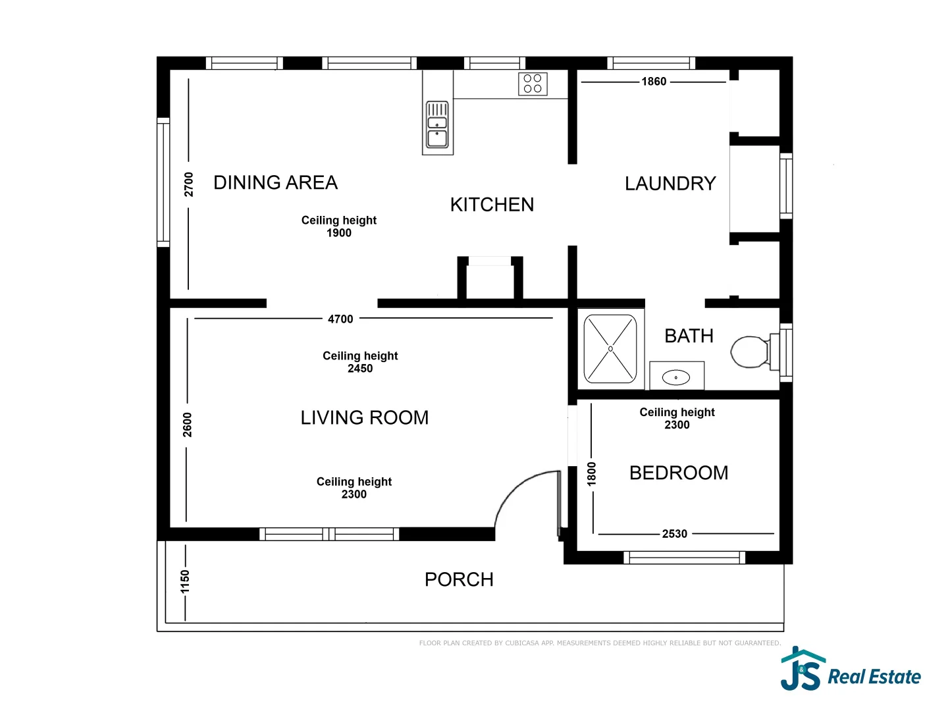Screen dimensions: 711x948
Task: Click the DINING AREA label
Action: click(275, 182)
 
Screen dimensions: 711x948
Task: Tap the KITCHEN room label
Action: click(492, 205)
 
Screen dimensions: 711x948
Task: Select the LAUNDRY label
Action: click(670, 184)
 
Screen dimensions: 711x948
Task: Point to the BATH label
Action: click(689, 336)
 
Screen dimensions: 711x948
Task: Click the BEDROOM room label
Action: click(679, 473)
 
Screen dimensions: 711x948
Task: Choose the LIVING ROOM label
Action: click(364, 417)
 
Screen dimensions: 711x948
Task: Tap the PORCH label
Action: click(459, 579)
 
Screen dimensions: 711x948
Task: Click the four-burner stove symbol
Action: click(533, 84)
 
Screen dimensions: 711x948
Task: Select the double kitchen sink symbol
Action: click(437, 125)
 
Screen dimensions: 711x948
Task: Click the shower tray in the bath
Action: click(610, 348)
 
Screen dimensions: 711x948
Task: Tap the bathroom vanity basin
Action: click(676, 377)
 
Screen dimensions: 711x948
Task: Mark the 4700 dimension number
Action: click(340, 319)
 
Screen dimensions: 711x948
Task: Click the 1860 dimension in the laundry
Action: click(654, 82)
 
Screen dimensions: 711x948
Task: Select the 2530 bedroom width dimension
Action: click(675, 534)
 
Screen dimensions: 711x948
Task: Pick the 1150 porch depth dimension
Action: click(185, 581)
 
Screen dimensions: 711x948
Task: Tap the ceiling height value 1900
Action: click(339, 233)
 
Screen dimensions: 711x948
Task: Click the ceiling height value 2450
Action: click(360, 369)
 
